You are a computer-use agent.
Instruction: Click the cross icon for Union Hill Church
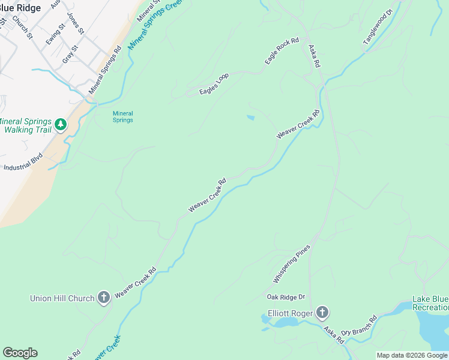(103, 298)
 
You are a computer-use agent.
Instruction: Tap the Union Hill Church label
(62, 298)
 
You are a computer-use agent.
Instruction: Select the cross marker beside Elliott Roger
(322, 312)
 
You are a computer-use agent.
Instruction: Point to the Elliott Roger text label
(290, 312)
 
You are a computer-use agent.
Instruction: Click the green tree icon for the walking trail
(60, 124)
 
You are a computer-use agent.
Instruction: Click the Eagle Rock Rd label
(282, 52)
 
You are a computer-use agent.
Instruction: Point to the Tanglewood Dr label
(377, 27)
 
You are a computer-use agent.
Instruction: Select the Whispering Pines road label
(292, 264)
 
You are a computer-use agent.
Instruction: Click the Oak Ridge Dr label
(286, 297)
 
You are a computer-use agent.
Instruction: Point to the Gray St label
(71, 55)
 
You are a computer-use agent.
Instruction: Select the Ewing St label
(56, 34)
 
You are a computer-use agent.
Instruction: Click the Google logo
(20, 353)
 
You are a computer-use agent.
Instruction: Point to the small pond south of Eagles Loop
(250, 118)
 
